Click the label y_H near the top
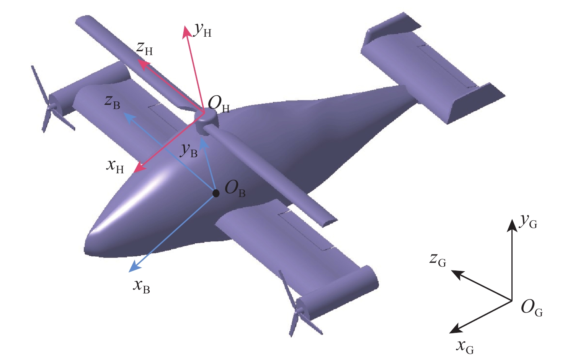pyautogui.click(x=202, y=30)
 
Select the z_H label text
pyautogui.click(x=144, y=49)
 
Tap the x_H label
pyautogui.click(x=115, y=167)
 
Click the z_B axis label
pyautogui.click(x=113, y=103)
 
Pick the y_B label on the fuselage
pyautogui.click(x=189, y=151)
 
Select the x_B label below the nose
pyautogui.click(x=142, y=287)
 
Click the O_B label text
pyautogui.click(x=235, y=189)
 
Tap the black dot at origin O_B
pyautogui.click(x=216, y=193)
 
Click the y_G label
pyautogui.click(x=528, y=222)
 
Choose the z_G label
pyautogui.click(x=438, y=260)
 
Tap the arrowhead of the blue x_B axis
pyautogui.click(x=135, y=267)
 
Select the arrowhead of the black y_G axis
pyautogui.click(x=512, y=225)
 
